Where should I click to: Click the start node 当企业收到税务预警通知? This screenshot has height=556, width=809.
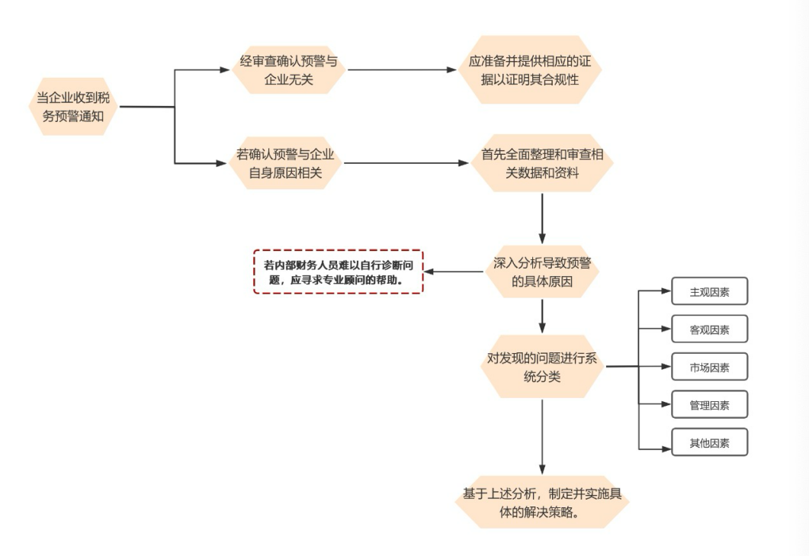[76, 107]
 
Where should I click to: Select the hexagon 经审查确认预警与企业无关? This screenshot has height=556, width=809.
[288, 70]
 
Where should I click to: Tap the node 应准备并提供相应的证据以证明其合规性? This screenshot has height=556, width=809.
[529, 70]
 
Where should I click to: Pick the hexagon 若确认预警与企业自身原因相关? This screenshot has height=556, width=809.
[286, 163]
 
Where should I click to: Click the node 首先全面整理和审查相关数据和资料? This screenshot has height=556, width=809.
[542, 163]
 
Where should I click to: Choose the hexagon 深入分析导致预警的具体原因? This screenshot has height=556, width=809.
[542, 272]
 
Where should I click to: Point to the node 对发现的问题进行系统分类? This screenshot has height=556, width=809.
[542, 367]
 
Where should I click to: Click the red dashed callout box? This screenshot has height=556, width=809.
[338, 272]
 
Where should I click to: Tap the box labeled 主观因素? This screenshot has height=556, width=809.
[709, 291]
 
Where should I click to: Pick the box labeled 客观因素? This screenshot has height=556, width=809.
[709, 329]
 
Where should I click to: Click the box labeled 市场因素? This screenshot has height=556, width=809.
[709, 367]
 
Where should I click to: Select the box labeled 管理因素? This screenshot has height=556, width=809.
[709, 404]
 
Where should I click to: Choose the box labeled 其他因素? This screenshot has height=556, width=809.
[709, 442]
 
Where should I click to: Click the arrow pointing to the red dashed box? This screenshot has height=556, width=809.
[454, 272]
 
